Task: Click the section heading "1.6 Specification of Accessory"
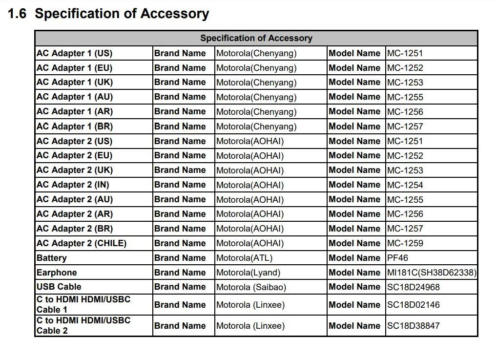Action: (x=108, y=14)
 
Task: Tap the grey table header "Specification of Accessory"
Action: (x=256, y=38)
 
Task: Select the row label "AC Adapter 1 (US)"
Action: (x=74, y=53)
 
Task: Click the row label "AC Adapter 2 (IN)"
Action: (x=73, y=185)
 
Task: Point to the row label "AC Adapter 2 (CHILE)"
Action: (x=81, y=243)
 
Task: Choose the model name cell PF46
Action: (x=397, y=258)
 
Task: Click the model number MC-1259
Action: (x=405, y=243)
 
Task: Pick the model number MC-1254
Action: (x=405, y=185)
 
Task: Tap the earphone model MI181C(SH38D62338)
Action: (x=432, y=273)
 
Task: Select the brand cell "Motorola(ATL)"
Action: (x=244, y=258)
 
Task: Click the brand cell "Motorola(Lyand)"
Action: (x=248, y=273)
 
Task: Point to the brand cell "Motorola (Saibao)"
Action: (x=251, y=287)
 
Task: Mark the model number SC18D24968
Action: (x=413, y=287)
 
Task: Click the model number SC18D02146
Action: (x=413, y=305)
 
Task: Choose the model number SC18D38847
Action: (x=413, y=326)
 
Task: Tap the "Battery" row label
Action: (x=51, y=258)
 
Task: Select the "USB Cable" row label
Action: (x=59, y=287)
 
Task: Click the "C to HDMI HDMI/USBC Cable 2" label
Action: (x=83, y=325)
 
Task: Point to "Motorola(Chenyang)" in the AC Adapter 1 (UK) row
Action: (x=256, y=83)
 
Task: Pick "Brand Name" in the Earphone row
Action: (x=180, y=273)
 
